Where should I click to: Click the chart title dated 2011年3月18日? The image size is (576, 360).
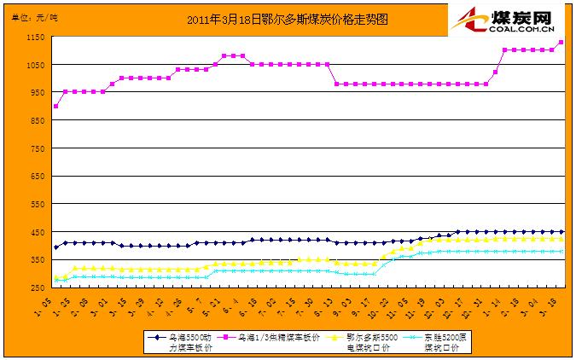pyautogui.click(x=287, y=19)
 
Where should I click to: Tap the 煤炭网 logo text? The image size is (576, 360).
pyautogui.click(x=518, y=16)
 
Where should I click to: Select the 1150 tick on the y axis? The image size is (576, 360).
pyautogui.click(x=36, y=38)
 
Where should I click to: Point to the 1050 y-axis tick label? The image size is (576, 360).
pyautogui.click(x=36, y=65)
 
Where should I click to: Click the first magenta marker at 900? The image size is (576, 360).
pyautogui.click(x=56, y=106)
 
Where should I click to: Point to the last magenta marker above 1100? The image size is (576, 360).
pyautogui.click(x=561, y=43)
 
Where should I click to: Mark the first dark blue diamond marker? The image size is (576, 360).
pyautogui.click(x=56, y=247)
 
